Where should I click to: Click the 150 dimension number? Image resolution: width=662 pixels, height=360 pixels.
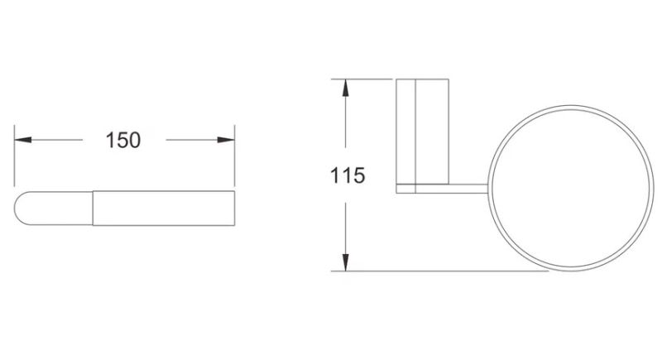(122, 140)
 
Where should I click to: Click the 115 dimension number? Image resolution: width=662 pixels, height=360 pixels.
(347, 175)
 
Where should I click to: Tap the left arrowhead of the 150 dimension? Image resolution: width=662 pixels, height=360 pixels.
(23, 140)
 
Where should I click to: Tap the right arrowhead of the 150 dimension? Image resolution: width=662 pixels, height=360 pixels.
(226, 140)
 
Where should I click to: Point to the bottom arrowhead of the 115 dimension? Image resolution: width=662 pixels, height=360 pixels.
(345, 262)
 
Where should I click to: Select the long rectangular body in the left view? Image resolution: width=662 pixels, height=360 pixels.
(163, 208)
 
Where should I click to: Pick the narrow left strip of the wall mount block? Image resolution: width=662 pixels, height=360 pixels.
(405, 132)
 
